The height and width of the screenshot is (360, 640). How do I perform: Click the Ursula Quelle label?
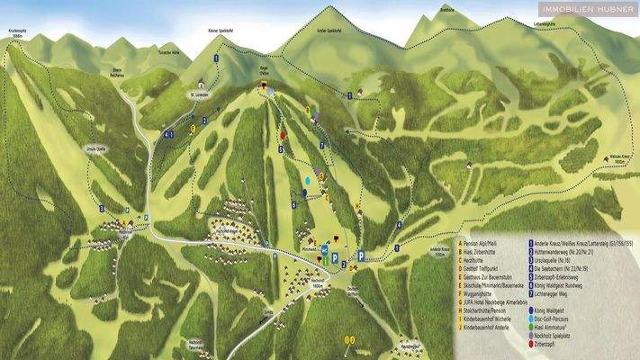coord(96,151)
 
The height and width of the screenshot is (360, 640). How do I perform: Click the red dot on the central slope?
coord(282,135)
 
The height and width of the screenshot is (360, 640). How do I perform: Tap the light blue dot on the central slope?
coord(307,181)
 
